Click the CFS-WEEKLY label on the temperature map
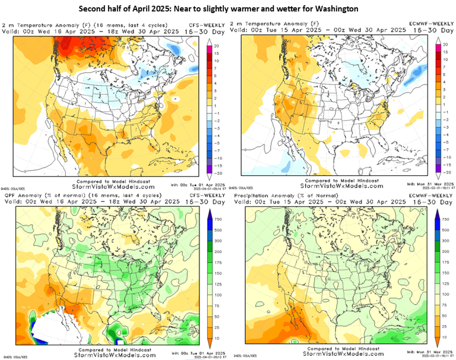tap(202, 25)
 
